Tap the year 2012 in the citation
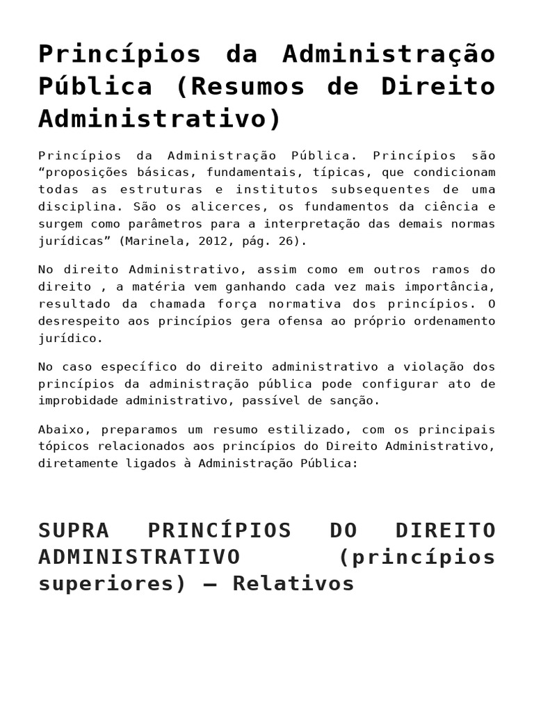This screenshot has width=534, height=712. tap(212, 241)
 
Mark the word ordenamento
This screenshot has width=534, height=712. tap(453, 321)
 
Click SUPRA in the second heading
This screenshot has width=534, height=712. tap(74, 530)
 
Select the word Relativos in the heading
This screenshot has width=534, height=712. tap(293, 583)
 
